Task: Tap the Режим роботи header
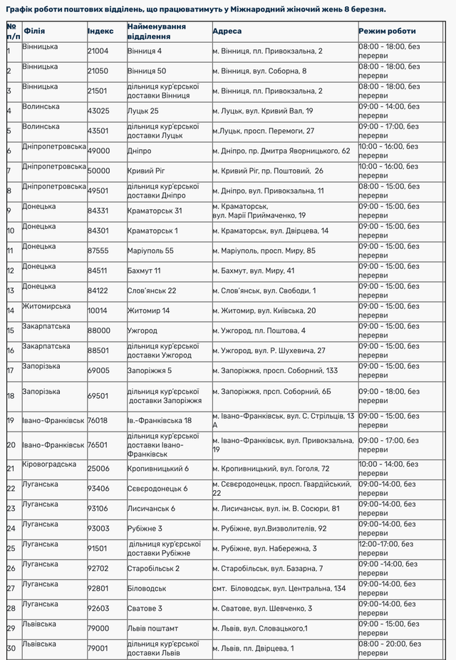click(x=387, y=31)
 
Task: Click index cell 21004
click(x=98, y=51)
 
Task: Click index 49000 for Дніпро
click(x=98, y=151)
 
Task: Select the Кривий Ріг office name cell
click(x=147, y=171)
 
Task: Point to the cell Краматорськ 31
click(x=155, y=211)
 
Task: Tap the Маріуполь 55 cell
click(x=150, y=251)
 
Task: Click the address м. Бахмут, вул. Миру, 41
click(x=253, y=271)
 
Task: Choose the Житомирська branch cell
click(x=46, y=306)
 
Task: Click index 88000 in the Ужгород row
click(x=98, y=331)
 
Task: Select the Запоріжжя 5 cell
click(x=150, y=371)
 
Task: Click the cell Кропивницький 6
click(x=157, y=469)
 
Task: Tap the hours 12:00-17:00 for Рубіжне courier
click(x=389, y=544)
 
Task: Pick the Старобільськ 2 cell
click(x=153, y=569)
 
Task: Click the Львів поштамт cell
click(x=153, y=629)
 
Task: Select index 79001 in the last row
click(x=98, y=649)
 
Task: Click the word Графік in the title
click(x=21, y=9)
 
